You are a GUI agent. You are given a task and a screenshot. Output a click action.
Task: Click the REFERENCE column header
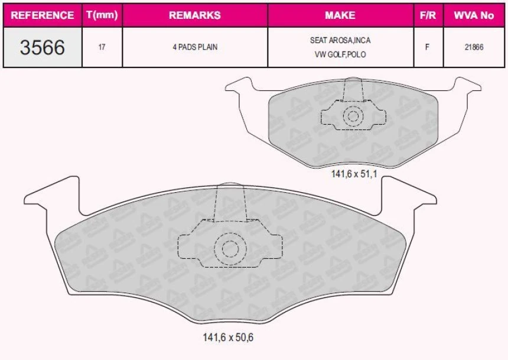43,15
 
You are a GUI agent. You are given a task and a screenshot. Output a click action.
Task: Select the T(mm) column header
102,15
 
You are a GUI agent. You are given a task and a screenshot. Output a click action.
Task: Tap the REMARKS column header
195,15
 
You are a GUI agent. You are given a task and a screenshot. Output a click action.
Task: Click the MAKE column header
340,15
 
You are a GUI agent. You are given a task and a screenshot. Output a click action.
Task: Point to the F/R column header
428,15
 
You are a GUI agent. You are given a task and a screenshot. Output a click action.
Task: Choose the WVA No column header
474,15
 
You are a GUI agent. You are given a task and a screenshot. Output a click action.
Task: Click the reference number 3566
43,47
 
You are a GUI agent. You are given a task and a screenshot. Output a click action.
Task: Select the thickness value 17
102,47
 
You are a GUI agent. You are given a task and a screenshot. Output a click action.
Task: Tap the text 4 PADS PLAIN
195,47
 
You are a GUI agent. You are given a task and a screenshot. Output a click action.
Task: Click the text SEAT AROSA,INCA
340,40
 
